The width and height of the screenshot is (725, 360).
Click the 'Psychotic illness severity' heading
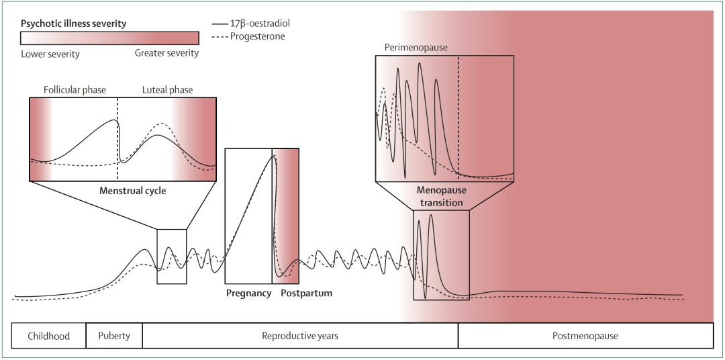pos(73,24)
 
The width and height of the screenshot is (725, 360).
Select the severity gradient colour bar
pos(109,38)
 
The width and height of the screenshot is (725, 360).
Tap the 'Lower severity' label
pos(50,54)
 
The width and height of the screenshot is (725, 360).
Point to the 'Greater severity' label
pos(166,53)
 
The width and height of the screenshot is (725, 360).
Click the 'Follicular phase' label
pos(75,90)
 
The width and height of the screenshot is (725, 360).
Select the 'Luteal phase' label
pos(167,90)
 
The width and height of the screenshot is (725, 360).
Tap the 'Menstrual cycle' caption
pos(132,191)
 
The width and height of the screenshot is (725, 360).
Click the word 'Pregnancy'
pos(248,294)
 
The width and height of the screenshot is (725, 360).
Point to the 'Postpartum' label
pos(306,294)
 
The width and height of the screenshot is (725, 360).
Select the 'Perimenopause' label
pos(416,48)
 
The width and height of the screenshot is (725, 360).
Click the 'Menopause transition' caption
pos(440,196)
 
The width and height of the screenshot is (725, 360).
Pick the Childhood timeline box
pos(49,336)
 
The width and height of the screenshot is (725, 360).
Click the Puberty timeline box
pos(114,336)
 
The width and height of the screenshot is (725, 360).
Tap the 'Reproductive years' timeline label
pos(299,336)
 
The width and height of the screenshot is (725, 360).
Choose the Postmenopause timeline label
pos(585,336)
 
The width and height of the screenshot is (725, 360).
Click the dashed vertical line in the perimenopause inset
pos(458,101)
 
